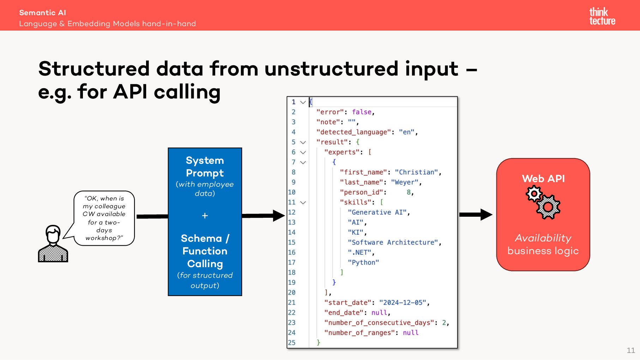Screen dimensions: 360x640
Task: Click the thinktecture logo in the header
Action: (x=602, y=16)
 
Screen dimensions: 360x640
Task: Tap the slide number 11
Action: (x=631, y=350)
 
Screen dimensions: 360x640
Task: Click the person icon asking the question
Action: (x=53, y=244)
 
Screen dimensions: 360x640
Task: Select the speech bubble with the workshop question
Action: (x=104, y=218)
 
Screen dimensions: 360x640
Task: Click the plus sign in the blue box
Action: (x=205, y=216)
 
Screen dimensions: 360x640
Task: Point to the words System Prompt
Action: (x=205, y=167)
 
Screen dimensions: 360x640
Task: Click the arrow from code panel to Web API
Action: (x=476, y=215)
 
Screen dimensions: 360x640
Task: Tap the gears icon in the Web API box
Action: (x=543, y=202)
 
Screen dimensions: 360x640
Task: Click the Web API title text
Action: (x=543, y=179)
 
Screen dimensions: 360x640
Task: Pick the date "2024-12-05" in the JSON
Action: (x=403, y=302)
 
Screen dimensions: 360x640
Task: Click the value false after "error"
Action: (x=362, y=112)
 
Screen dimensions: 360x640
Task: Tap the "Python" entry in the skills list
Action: (x=363, y=262)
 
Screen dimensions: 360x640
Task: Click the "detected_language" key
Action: (x=354, y=132)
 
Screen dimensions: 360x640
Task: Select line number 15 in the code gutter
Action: (x=292, y=242)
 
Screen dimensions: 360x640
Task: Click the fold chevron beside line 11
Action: (x=303, y=203)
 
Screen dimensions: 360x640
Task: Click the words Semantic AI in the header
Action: (x=42, y=13)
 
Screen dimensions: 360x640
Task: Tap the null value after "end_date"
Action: (x=379, y=313)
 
